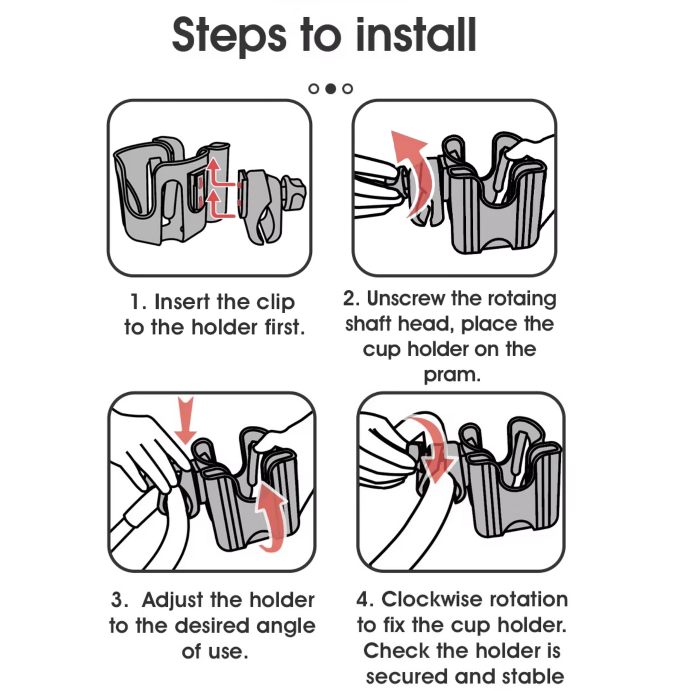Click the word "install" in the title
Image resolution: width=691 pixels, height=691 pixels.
pyautogui.click(x=416, y=35)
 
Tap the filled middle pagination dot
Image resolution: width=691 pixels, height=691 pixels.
pyautogui.click(x=330, y=88)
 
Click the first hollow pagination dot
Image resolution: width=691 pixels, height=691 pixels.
pyautogui.click(x=314, y=88)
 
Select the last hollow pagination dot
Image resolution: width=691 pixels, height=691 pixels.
pyautogui.click(x=348, y=88)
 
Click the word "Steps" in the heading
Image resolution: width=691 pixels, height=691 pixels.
pyautogui.click(x=230, y=36)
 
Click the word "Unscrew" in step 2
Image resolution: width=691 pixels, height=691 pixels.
pyautogui.click(x=406, y=298)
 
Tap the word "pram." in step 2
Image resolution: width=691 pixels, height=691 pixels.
pyautogui.click(x=452, y=375)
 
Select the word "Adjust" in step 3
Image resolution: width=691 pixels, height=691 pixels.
pyautogui.click(x=173, y=600)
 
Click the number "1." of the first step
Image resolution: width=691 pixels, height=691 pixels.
pyautogui.click(x=138, y=302)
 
